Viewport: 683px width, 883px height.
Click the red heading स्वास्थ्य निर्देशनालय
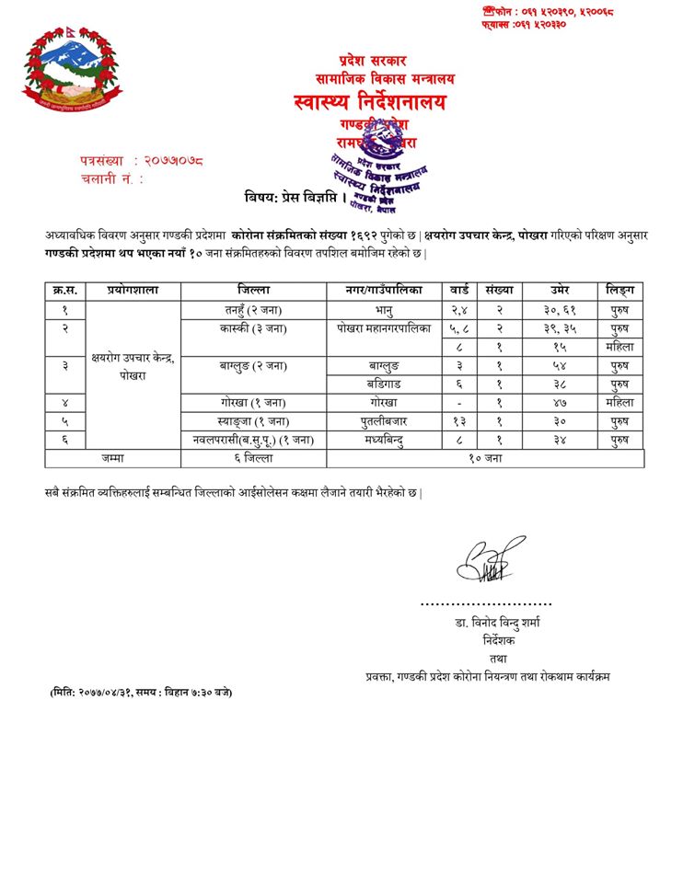(x=373, y=101)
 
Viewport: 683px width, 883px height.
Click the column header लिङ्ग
(x=619, y=290)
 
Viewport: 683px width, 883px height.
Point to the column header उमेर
(x=561, y=290)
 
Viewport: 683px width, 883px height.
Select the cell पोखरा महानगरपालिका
(x=384, y=328)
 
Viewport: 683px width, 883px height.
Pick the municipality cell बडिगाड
(x=384, y=384)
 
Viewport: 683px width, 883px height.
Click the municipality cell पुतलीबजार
(x=384, y=420)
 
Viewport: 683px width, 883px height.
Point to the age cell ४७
(x=561, y=402)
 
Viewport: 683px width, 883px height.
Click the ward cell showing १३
(x=458, y=420)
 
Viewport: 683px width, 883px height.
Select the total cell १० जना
(x=485, y=457)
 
